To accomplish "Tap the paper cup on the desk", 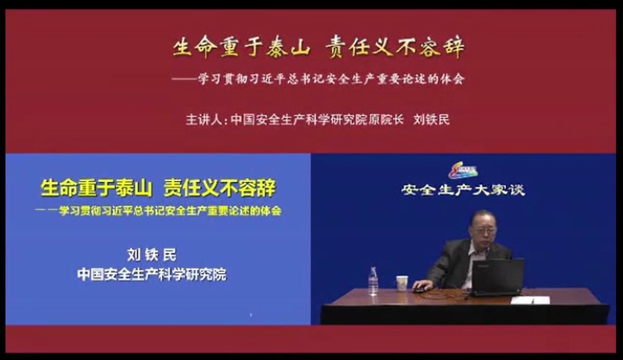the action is click(x=402, y=283).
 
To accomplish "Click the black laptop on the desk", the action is click(x=496, y=277).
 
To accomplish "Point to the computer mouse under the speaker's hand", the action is click(x=419, y=289).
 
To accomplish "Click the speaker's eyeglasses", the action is click(x=483, y=230).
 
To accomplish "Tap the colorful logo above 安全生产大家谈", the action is click(x=463, y=170).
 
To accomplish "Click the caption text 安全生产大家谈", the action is click(x=463, y=190).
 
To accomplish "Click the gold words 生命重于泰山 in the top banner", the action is click(x=242, y=48).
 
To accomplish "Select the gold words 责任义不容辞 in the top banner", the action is click(x=395, y=48).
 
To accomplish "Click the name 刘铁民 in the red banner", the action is click(x=431, y=119).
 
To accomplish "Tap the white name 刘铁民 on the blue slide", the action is click(x=152, y=255).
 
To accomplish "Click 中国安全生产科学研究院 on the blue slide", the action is click(x=152, y=274).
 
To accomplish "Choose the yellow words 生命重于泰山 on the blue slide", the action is click(x=96, y=188).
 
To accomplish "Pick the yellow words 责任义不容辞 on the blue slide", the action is click(x=220, y=188).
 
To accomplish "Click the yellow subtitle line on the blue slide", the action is click(x=158, y=210).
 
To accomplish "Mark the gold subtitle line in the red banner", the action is click(x=318, y=79).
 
